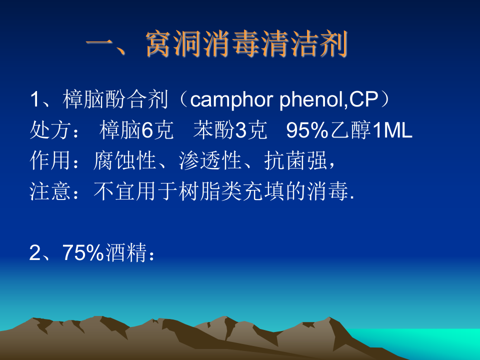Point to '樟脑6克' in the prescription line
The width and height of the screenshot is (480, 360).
click(x=136, y=130)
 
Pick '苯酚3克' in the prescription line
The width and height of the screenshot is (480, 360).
click(x=230, y=130)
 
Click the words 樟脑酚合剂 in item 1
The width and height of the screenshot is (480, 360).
click(x=115, y=100)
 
